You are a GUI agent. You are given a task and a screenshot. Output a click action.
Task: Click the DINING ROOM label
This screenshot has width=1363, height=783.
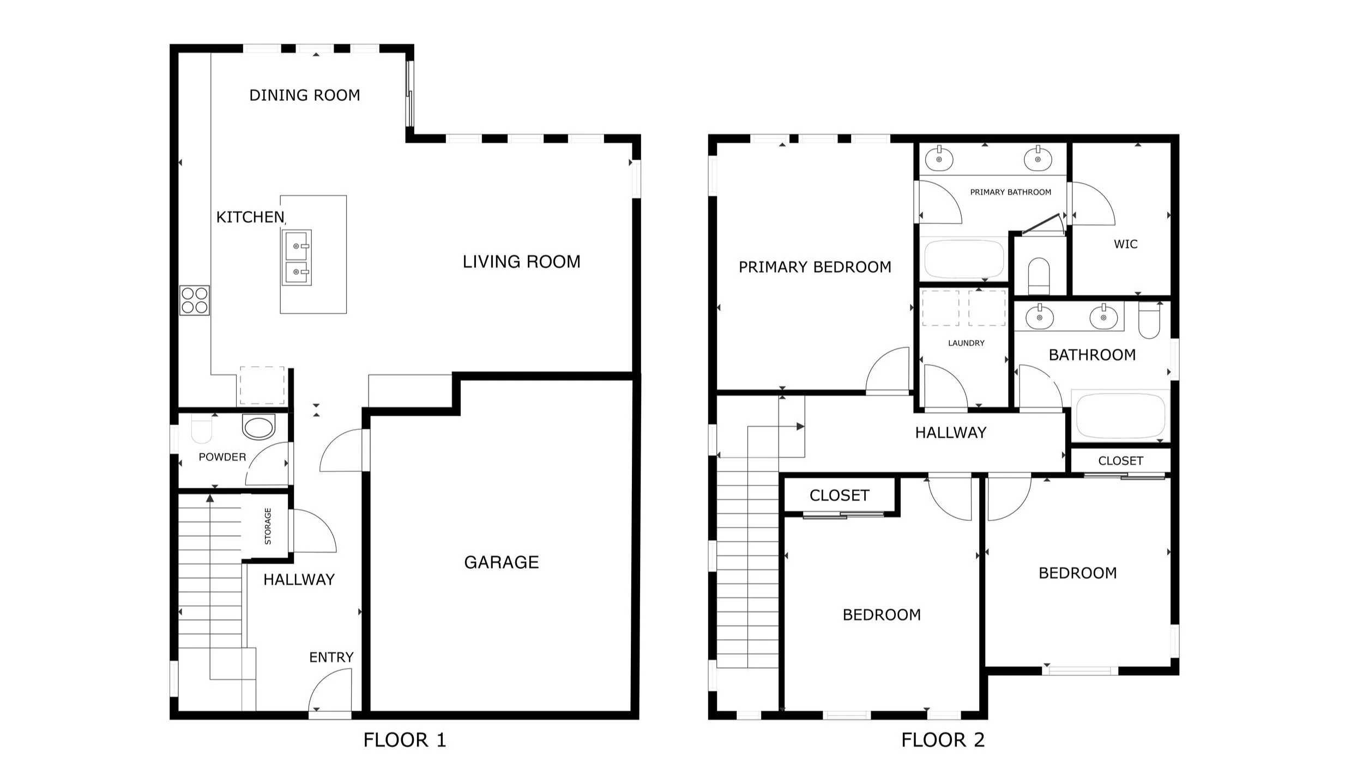point(305,95)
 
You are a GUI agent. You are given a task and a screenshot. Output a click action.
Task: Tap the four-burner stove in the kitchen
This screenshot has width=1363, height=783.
point(195,300)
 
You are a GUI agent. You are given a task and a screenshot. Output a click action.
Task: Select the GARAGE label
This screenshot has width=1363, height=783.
point(502,562)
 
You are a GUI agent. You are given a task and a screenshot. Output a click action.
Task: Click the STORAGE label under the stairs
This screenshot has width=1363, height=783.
point(268,526)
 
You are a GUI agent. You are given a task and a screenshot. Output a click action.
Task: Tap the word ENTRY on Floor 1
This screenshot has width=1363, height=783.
point(331,658)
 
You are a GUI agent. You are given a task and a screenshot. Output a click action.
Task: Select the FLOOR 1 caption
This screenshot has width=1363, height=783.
point(405,740)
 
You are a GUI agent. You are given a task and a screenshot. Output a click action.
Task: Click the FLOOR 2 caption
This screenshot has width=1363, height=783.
point(943,740)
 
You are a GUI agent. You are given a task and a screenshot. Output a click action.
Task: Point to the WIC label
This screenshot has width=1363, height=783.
point(1126,244)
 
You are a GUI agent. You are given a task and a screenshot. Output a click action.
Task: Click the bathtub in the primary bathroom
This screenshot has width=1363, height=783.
point(964,259)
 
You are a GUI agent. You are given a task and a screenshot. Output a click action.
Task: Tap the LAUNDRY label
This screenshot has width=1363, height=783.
point(966,343)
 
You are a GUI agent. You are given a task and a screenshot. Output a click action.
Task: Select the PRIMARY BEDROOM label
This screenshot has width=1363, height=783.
point(815,267)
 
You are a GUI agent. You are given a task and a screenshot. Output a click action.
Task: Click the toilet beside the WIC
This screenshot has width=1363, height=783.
point(1039,276)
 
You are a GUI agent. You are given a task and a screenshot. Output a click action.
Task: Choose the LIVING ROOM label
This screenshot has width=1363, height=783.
point(522,262)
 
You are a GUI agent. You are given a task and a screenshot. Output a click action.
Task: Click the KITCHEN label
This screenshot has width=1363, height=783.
point(250,217)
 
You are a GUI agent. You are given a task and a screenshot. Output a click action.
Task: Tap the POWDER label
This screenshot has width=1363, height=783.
point(222,457)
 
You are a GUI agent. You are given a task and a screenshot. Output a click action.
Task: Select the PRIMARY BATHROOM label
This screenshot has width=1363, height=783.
point(1011,192)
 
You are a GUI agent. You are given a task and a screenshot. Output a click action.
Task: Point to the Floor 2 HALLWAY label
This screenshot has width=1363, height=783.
point(951,433)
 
